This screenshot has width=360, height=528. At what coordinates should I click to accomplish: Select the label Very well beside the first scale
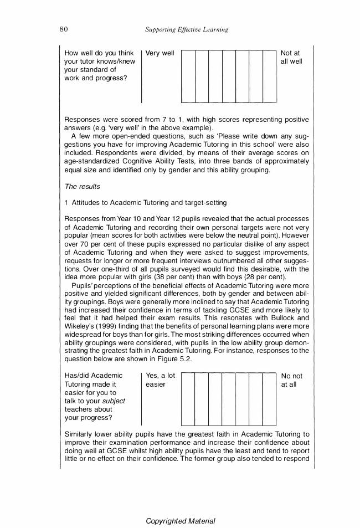coord(160,53)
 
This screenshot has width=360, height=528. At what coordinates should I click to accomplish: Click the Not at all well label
coord(291,57)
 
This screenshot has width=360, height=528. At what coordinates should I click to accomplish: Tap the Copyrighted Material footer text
coord(180,521)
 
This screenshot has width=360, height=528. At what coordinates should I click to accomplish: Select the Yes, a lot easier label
coord(160,380)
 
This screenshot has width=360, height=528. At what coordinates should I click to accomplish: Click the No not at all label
coord(291,380)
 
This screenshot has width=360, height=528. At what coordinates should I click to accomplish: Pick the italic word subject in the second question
coord(114,401)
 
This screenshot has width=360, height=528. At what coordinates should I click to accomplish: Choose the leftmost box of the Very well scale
coord(188,76)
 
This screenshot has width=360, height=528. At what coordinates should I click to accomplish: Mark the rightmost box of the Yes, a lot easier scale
coord(269,398)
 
